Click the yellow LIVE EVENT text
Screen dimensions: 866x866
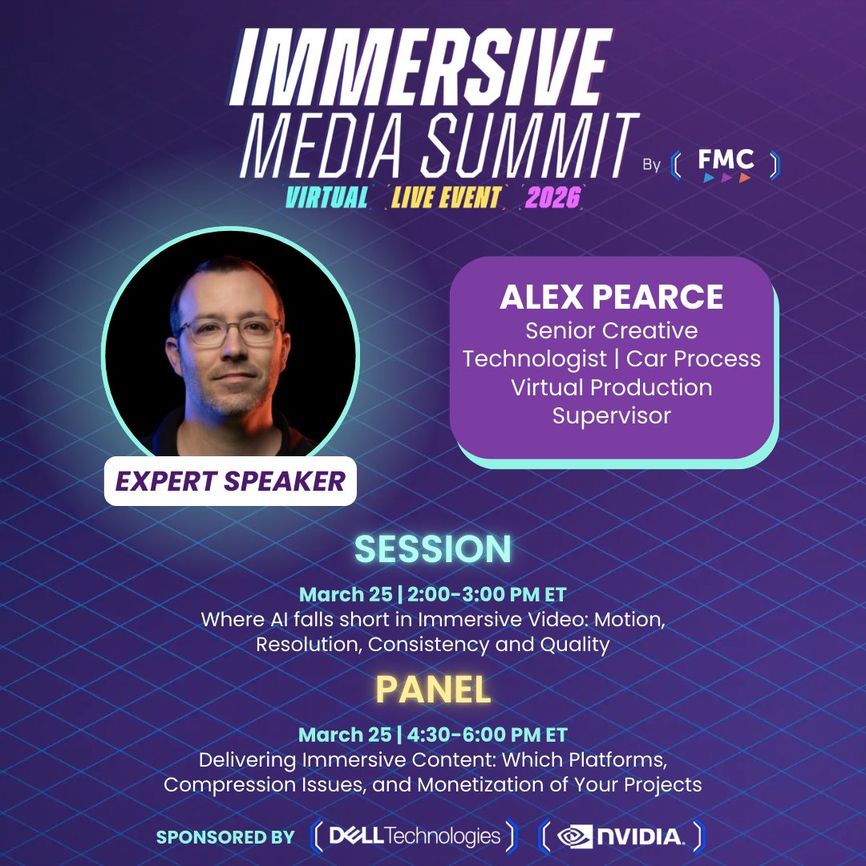coord(446,197)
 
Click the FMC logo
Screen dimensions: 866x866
coord(725,164)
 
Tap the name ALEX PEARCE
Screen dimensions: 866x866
coord(611,297)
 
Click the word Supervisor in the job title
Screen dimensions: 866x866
coord(611,415)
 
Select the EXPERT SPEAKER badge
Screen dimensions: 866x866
coord(230,481)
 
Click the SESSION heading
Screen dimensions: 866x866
coord(432,549)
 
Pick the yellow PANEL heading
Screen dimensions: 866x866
coord(432,690)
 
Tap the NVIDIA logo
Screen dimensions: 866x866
coord(622,836)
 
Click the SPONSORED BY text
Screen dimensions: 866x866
coord(225,837)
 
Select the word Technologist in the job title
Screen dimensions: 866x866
coord(535,358)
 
